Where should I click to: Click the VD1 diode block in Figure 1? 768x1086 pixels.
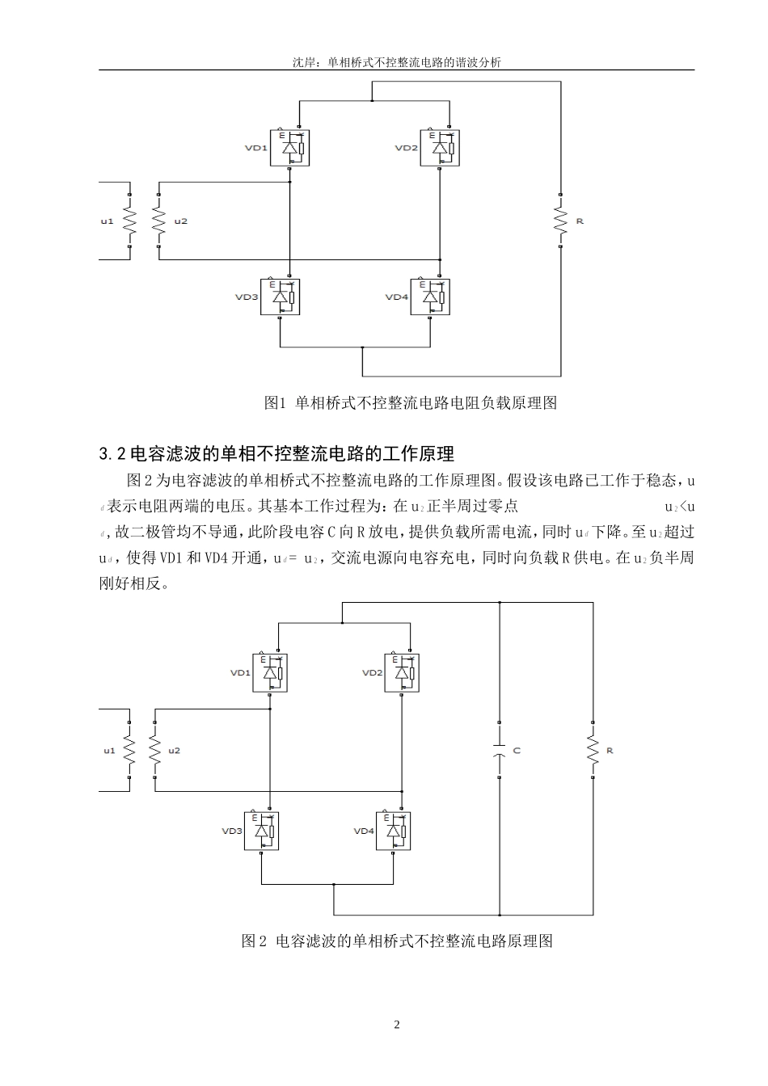(290, 148)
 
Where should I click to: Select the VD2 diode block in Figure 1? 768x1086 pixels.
(441, 148)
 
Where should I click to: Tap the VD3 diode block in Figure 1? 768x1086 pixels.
(280, 297)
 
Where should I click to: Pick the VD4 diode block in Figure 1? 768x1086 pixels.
(430, 297)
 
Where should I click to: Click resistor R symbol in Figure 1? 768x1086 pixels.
(559, 221)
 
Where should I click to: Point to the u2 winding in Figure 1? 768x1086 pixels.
(158, 221)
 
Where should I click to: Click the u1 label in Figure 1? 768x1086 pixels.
(107, 221)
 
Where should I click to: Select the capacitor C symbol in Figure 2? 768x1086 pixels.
(500, 751)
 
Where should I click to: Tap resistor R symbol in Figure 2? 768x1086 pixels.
(593, 751)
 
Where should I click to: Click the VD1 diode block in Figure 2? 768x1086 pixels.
(270, 672)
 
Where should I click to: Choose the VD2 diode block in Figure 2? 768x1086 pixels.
(402, 672)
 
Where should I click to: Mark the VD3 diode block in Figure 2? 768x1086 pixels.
(262, 831)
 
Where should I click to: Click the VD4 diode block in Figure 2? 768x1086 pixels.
(393, 831)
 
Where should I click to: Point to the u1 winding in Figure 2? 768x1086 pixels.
(129, 751)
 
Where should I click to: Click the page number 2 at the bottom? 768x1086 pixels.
(396, 1025)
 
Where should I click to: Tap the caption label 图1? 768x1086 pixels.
(276, 402)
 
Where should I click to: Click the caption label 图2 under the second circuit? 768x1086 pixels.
(254, 941)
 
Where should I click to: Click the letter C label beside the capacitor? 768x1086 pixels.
(517, 751)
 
